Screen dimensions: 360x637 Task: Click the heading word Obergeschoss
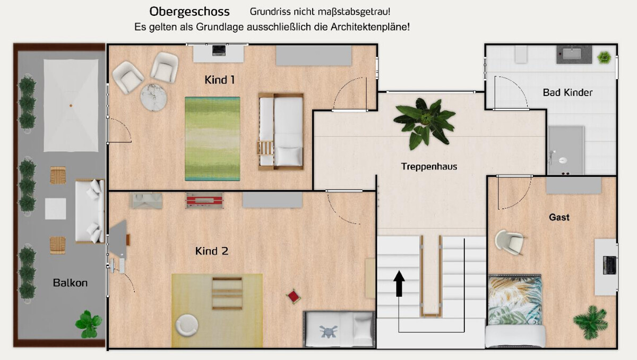point(190,12)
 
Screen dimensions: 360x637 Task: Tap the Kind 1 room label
point(220,80)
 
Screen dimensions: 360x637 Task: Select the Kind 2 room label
point(212,251)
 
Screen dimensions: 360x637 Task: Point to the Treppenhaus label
point(429,167)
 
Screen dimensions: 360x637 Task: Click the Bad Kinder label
point(567,93)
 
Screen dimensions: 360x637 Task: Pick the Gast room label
point(559,217)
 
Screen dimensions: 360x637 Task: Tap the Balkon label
point(70,283)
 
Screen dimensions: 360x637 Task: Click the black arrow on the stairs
point(399,282)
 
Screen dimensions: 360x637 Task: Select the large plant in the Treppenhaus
point(425,122)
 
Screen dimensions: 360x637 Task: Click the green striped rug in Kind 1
point(212,138)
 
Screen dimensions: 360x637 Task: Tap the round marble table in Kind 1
point(154,98)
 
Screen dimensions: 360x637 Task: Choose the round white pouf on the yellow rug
point(187,324)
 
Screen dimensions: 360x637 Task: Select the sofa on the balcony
point(90,211)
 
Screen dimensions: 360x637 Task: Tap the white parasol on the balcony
point(71,105)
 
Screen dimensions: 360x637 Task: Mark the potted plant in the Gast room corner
point(590,321)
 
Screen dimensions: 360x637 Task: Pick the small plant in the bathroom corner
point(604,56)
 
